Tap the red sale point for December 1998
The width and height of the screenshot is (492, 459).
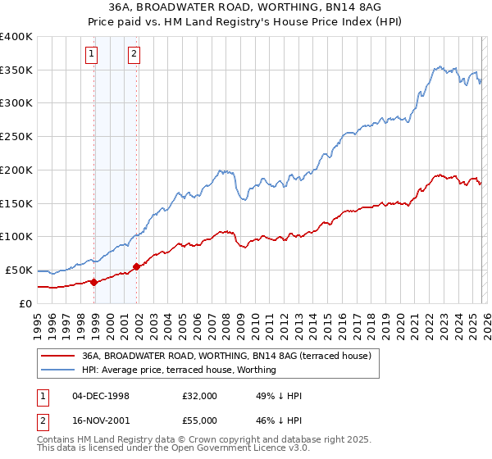click(94, 282)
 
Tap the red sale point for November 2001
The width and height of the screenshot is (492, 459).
click(136, 266)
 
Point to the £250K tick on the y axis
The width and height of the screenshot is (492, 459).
click(16, 136)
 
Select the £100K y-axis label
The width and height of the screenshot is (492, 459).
click(16, 236)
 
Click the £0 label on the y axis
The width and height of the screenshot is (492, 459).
click(25, 303)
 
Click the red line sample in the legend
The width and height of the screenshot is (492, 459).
click(57, 357)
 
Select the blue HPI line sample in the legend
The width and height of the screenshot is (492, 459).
click(57, 370)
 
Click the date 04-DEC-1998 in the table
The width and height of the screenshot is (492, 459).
click(101, 396)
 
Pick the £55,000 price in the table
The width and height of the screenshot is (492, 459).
click(200, 420)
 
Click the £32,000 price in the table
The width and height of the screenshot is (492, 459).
click(200, 396)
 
